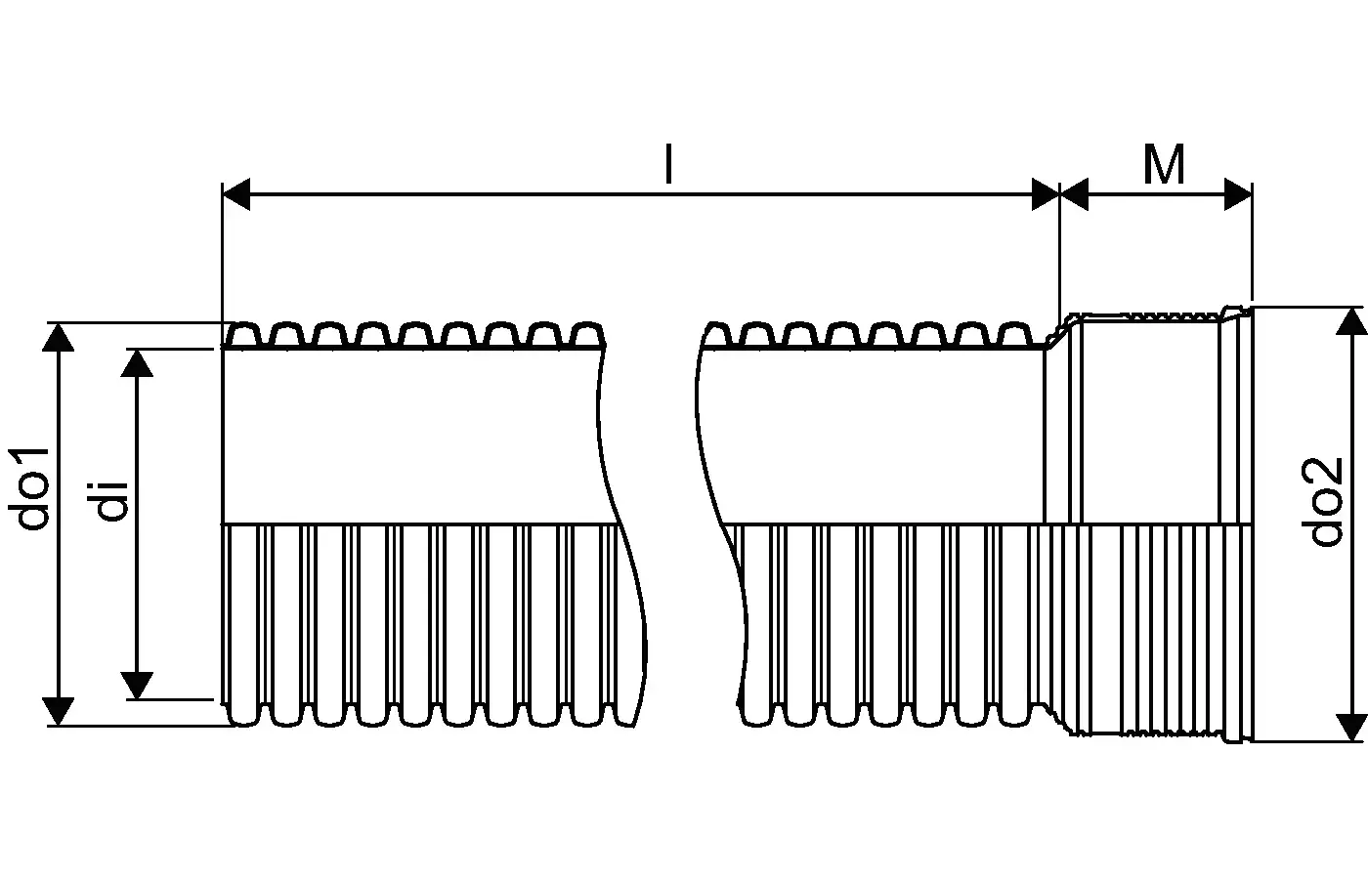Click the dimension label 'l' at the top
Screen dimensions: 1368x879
[x=669, y=164]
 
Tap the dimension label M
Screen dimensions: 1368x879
[x=1164, y=164]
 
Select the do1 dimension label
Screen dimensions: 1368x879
[x=29, y=487]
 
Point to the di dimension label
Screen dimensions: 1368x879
[x=107, y=500]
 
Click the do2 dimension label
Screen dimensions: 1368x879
[x=1327, y=502]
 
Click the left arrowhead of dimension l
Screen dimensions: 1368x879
[x=236, y=194]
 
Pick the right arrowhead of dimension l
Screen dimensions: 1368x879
[x=1046, y=194]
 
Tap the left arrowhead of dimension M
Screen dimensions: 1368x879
[x=1074, y=194]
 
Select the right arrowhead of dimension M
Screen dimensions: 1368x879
[x=1239, y=194]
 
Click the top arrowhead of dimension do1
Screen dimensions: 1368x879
[x=58, y=338]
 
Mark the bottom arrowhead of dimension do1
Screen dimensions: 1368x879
[x=58, y=711]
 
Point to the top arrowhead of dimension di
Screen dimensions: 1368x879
[x=137, y=363]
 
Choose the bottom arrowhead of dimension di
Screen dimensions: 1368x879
[x=137, y=686]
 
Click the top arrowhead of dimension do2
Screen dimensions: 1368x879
[x=1350, y=321]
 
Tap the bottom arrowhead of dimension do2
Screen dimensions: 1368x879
[x=1350, y=727]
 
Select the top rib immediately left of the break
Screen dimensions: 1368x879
[x=587, y=334]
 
